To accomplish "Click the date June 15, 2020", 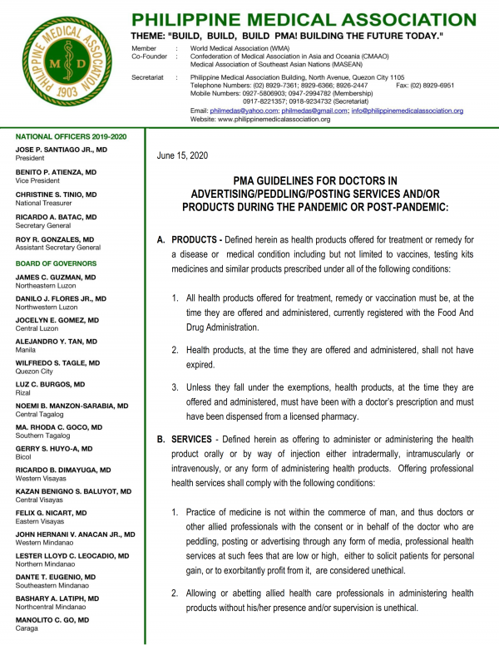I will pos(181,155).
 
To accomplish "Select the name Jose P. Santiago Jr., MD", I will pos(62,149).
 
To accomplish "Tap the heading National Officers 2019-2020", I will pos(70,136).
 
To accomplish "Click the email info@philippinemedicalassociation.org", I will pos(406,111).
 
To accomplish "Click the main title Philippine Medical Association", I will pos(304,19).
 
